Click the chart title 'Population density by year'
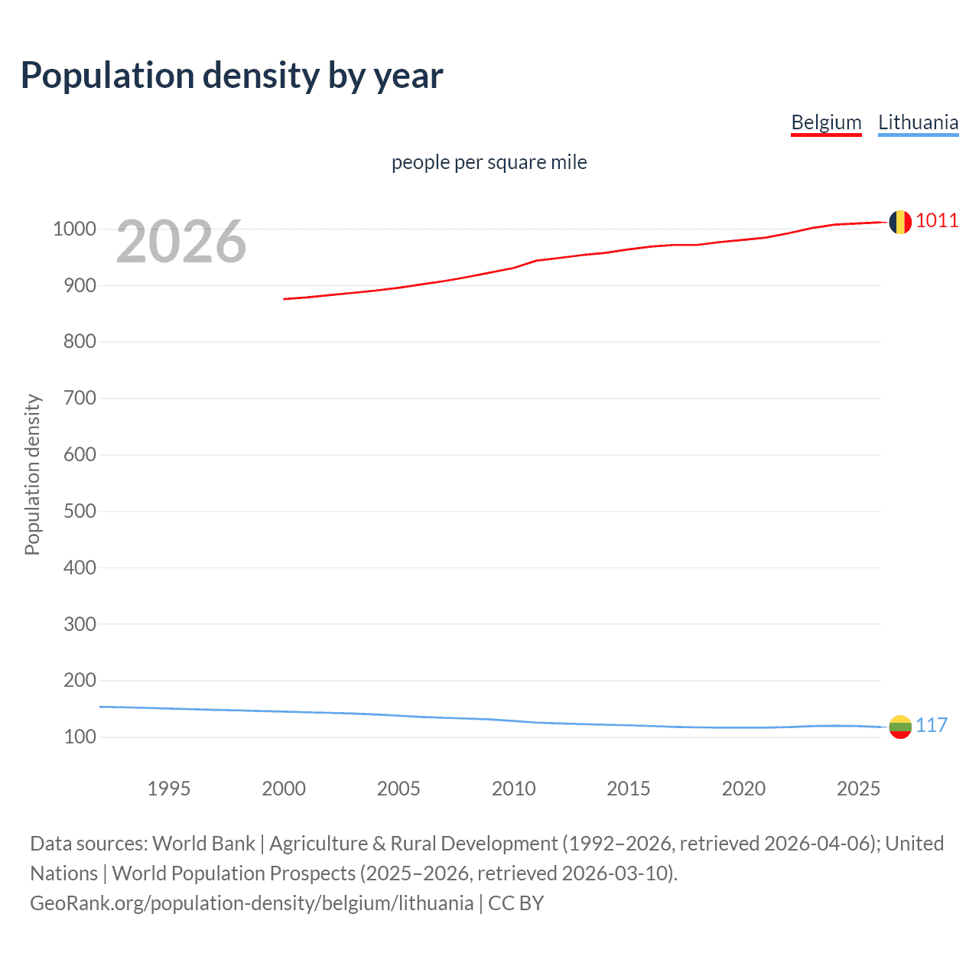point(232,76)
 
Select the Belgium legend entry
point(826,122)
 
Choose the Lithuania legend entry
point(918,122)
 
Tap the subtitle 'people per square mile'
point(489,162)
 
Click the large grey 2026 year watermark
point(181,242)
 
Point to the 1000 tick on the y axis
point(74,229)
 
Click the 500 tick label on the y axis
point(80,511)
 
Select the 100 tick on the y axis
point(80,737)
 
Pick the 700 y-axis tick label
point(80,398)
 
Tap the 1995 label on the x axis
point(168,789)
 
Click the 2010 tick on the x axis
point(513,789)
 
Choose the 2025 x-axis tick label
point(858,789)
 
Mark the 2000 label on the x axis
point(284,789)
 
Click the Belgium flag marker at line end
point(900,222)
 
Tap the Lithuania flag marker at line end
point(900,727)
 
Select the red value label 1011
point(937,221)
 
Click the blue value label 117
point(932,725)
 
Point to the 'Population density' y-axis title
point(32,474)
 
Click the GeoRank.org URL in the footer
point(252,903)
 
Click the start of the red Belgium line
point(285,299)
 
